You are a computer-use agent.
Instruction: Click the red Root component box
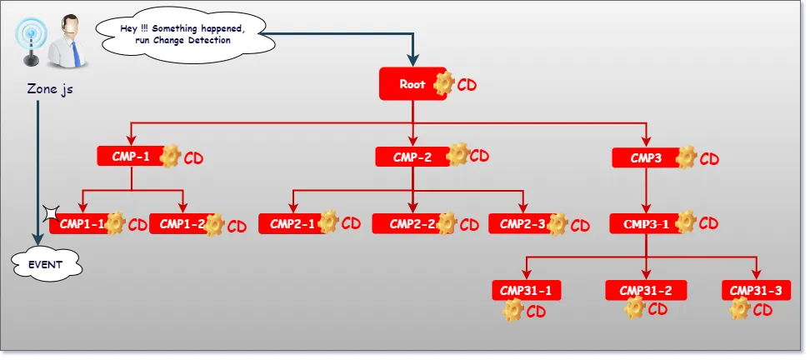pos(412,84)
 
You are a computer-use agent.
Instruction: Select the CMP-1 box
pos(130,156)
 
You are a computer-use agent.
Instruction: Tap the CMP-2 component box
pos(412,157)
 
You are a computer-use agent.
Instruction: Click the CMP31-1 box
pos(526,290)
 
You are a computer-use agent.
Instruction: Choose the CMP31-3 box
pos(755,290)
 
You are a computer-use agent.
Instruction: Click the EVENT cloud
pos(46,264)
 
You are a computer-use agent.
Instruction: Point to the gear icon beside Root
pos(445,83)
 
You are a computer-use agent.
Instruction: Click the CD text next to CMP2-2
pos(469,225)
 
